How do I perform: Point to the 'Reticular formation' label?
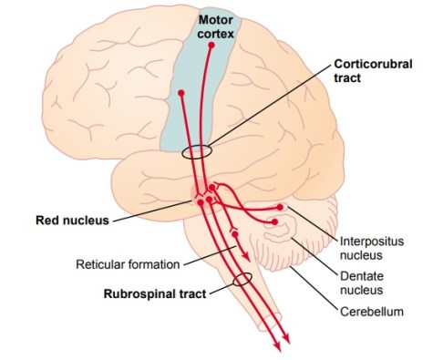(128, 265)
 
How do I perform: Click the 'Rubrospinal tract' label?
(153, 293)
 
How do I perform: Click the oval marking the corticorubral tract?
(197, 152)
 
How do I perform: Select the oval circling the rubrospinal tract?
(242, 280)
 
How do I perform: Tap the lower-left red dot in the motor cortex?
(182, 93)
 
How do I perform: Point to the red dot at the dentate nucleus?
(277, 220)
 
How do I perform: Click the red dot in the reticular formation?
(235, 233)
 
